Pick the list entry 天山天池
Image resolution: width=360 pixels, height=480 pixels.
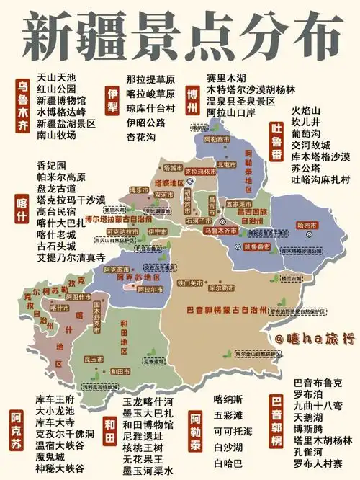56,76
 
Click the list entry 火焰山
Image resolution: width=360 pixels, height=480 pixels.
305,110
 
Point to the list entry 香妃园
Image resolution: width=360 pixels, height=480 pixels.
50,165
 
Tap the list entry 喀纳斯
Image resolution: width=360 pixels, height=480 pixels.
228,399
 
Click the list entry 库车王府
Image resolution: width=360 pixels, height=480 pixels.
55,399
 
